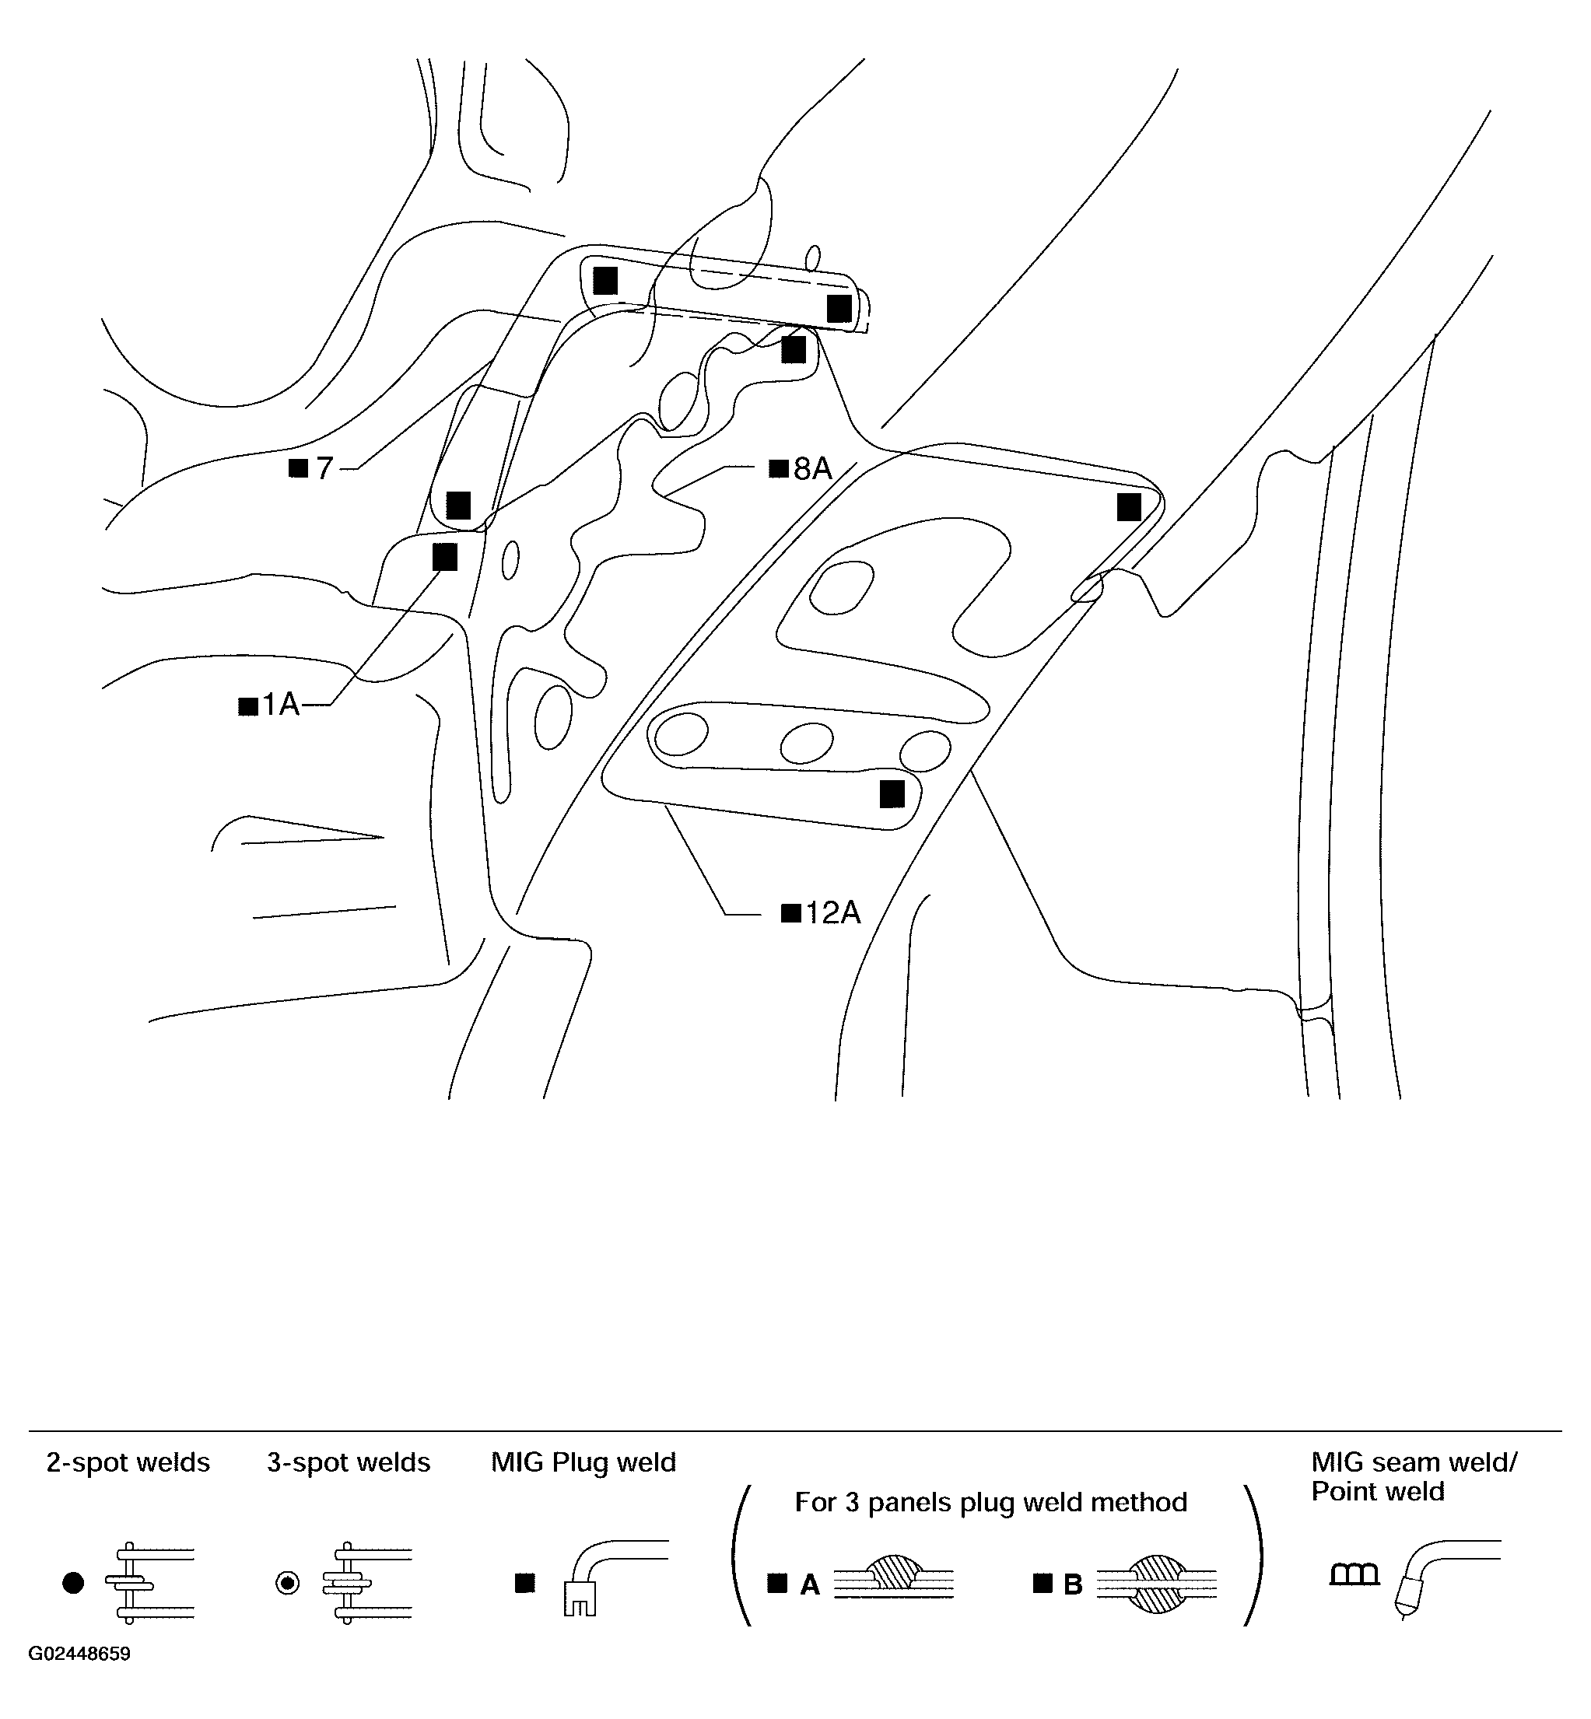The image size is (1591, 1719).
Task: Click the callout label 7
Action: pyautogui.click(x=324, y=469)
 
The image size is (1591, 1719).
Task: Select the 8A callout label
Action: pyautogui.click(x=813, y=469)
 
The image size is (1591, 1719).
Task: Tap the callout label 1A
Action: pyautogui.click(x=281, y=705)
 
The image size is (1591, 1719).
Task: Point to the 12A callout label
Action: pyautogui.click(x=832, y=912)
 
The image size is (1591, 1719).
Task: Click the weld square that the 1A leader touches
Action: pyautogui.click(x=445, y=557)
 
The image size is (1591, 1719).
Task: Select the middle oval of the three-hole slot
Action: pyautogui.click(x=807, y=743)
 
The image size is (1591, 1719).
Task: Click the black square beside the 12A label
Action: pyautogui.click(x=791, y=913)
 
